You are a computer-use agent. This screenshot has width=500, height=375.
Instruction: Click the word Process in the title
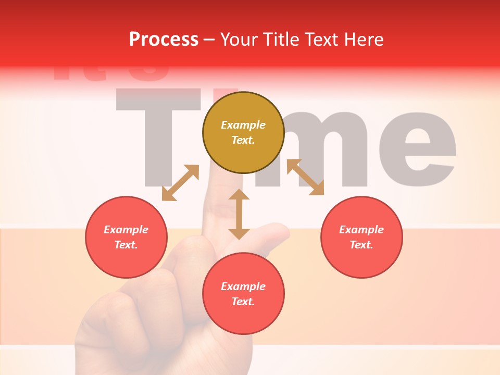point(164,40)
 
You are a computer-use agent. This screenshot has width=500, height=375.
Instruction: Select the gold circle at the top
point(243,133)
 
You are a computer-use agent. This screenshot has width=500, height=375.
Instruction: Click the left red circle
point(126,237)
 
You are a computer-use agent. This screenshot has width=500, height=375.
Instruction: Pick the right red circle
point(361,237)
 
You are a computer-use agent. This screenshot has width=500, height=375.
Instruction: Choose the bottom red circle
point(243,294)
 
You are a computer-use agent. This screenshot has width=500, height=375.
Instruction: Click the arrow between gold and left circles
point(180,183)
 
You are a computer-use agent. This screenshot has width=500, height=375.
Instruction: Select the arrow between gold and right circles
point(305,177)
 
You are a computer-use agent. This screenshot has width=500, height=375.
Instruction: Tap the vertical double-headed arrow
point(239,214)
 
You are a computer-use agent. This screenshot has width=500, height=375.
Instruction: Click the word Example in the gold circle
point(243,125)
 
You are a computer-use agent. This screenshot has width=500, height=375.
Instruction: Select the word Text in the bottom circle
point(242,302)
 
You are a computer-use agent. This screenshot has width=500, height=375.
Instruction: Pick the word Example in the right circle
point(361,230)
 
